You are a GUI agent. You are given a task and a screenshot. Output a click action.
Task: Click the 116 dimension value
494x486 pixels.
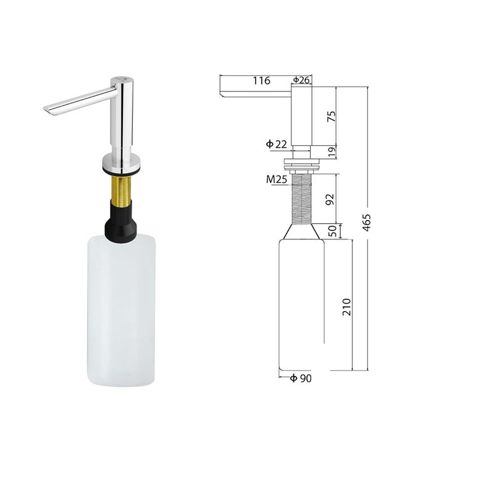261,80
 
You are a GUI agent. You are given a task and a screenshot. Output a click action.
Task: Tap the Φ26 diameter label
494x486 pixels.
301,80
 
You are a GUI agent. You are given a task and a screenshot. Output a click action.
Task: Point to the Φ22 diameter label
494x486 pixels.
277,144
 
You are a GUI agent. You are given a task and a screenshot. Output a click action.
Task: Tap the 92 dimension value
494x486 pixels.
330,199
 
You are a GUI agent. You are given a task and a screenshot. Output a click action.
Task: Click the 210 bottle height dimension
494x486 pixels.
346,307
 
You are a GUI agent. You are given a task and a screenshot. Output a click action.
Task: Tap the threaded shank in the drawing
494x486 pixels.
302,198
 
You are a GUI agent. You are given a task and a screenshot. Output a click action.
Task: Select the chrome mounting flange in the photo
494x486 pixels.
122,164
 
